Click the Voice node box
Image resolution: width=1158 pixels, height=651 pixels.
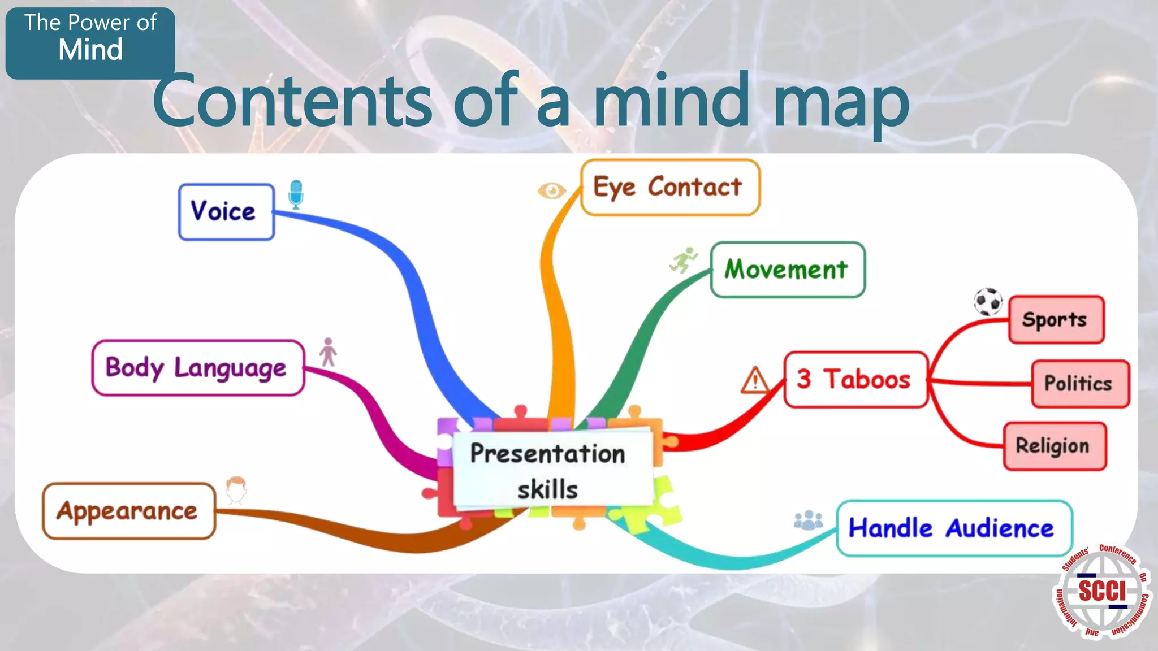(x=226, y=212)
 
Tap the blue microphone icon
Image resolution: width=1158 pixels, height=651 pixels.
(x=296, y=194)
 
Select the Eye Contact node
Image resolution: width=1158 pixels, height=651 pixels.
(x=670, y=187)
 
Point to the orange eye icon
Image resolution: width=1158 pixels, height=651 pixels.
(x=552, y=190)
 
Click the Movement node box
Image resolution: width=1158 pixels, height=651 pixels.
(x=787, y=270)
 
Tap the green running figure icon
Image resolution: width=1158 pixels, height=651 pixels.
(x=684, y=260)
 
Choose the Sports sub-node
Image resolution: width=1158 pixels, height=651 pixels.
(x=1056, y=320)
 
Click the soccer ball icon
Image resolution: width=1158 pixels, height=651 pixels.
(x=988, y=302)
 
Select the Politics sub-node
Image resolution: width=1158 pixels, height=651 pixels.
(x=1079, y=384)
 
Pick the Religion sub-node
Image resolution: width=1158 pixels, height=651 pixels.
(x=1054, y=446)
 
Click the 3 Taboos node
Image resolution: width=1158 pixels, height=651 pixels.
(x=855, y=379)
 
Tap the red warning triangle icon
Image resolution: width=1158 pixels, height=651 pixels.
(x=755, y=380)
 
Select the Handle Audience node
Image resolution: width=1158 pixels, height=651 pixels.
(x=953, y=528)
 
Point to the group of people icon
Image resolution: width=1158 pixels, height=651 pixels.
(x=809, y=520)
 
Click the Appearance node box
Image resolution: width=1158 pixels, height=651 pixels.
(x=129, y=511)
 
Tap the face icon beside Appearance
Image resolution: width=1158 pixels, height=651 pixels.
(x=236, y=490)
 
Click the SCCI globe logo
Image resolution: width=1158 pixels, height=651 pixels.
(x=1101, y=591)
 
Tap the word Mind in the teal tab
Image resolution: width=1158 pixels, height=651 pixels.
(x=90, y=50)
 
